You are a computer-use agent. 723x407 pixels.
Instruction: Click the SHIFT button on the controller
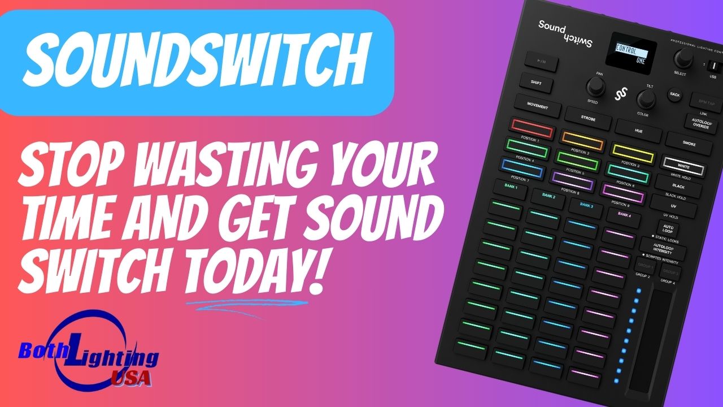535,83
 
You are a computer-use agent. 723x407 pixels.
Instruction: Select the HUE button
638,131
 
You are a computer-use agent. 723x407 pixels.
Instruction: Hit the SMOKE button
689,144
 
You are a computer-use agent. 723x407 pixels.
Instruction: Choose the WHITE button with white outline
684,167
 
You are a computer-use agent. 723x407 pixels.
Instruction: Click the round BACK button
674,94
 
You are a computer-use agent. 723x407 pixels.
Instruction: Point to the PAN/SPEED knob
595,86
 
